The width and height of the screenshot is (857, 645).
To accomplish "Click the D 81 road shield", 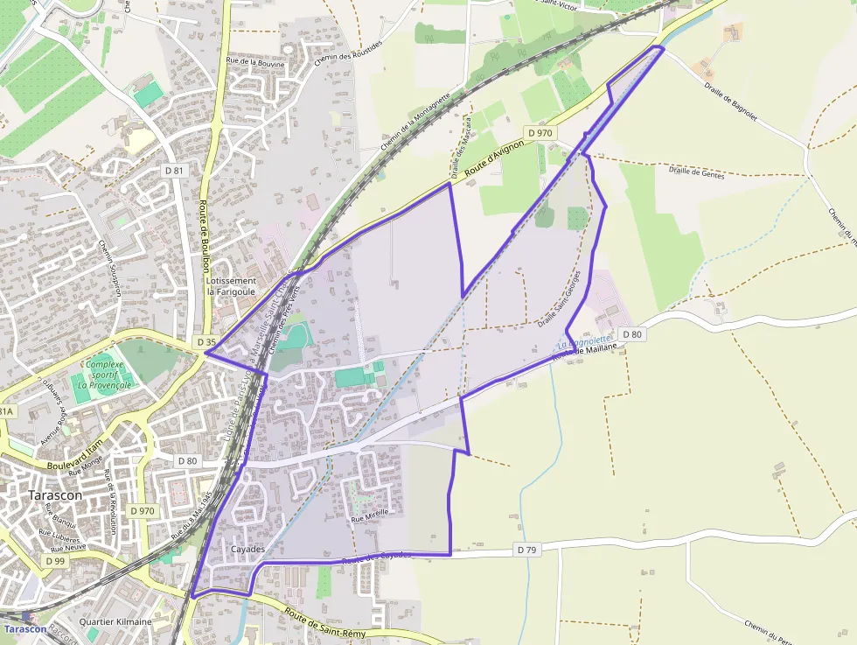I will pos(173,170).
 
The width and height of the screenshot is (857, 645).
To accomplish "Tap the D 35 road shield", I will pos(206,341).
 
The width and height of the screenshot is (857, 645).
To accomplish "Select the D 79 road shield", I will pos(526,550).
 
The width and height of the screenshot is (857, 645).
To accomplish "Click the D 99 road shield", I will pos(54,560).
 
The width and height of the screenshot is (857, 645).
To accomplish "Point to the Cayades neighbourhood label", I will pos(249,549).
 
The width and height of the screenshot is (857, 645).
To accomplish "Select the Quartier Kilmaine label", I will pos(115,621).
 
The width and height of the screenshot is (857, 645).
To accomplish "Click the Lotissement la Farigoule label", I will pos(232,285).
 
